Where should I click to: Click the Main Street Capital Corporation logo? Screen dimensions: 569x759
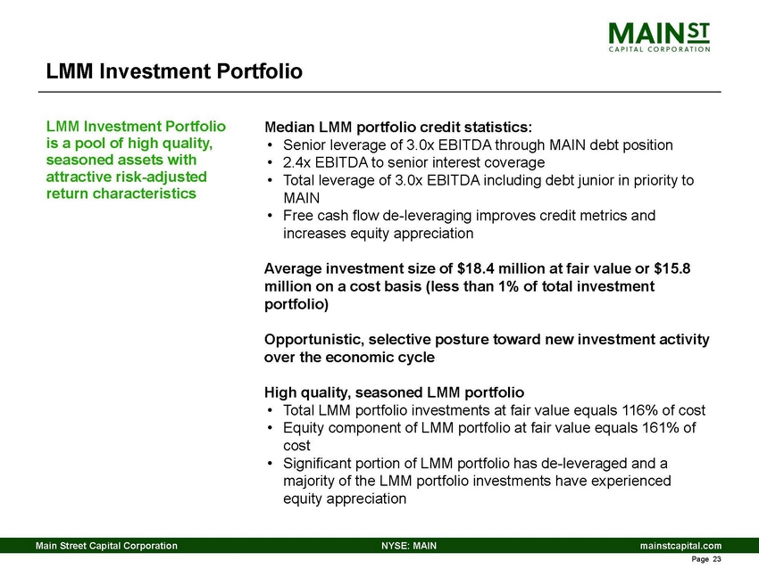click(x=660, y=37)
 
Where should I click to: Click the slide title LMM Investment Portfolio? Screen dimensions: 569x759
click(x=174, y=70)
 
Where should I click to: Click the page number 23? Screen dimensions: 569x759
click(x=714, y=559)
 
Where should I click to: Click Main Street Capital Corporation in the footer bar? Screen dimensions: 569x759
click(x=105, y=545)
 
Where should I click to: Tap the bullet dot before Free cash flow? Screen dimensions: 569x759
click(x=271, y=216)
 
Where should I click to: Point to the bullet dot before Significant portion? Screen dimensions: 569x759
click(x=271, y=464)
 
